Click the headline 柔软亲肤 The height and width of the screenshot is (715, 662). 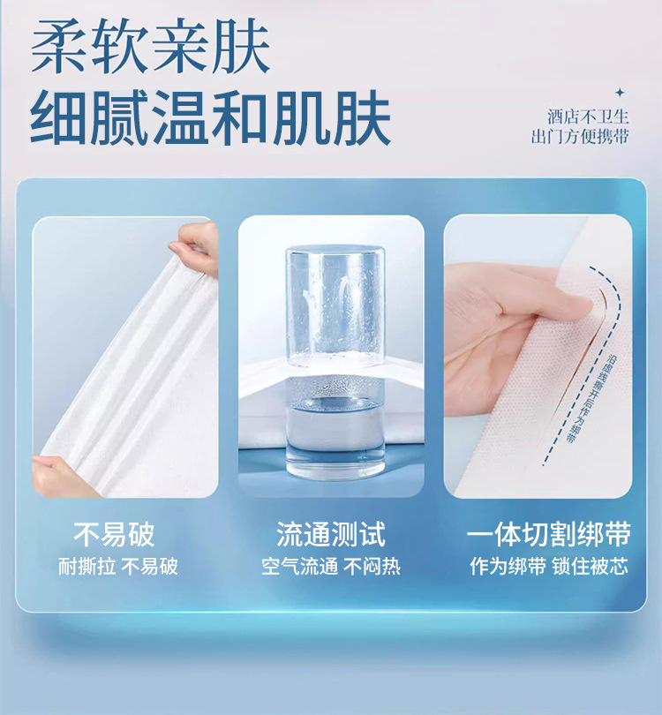pos(150,46)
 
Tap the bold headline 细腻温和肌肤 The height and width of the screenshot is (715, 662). pos(210,117)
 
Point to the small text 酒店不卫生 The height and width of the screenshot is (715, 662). pos(588,117)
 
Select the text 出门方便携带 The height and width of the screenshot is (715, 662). pos(580,136)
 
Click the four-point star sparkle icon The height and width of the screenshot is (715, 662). pos(620,93)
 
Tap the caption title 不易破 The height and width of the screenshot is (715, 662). pos(114,534)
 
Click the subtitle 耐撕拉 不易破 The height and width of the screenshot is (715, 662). pos(118,567)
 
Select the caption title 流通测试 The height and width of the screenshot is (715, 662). pos(331,534)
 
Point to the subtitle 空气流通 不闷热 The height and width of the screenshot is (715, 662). pos(331,567)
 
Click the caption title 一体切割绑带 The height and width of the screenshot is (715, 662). pos(549,534)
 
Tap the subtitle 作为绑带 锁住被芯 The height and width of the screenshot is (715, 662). pos(549,567)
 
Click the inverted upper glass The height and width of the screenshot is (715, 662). pos(335,305)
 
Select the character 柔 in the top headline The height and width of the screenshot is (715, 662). pos(58,46)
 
